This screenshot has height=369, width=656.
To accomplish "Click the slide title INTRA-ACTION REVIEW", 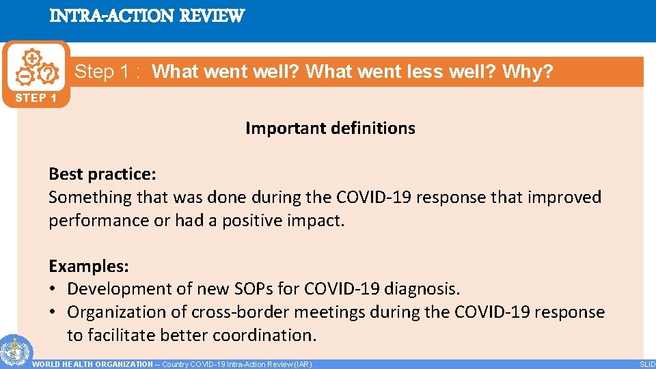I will (146, 16).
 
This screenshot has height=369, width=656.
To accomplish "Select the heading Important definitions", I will (330, 128).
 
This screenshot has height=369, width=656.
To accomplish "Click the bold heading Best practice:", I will (102, 174).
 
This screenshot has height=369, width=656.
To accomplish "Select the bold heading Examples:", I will (89, 266).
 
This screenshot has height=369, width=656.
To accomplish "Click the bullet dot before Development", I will (53, 289).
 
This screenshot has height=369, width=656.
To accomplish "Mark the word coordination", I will (271, 336).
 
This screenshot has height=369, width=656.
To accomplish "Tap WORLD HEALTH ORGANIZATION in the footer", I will (92, 364).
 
